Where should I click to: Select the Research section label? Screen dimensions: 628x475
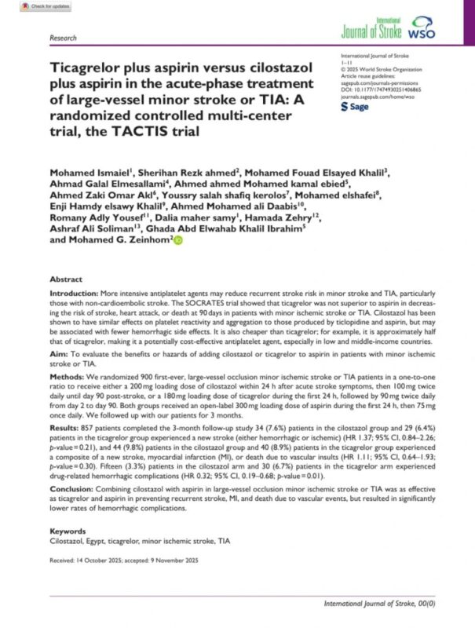tap(63, 37)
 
